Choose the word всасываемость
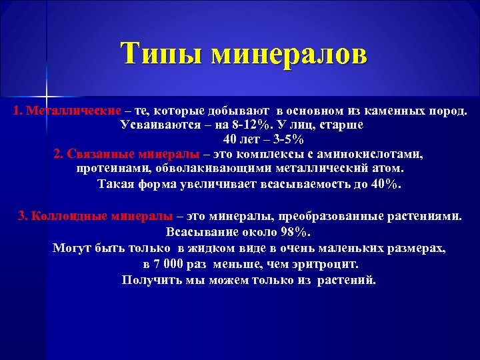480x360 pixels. (303, 183)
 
